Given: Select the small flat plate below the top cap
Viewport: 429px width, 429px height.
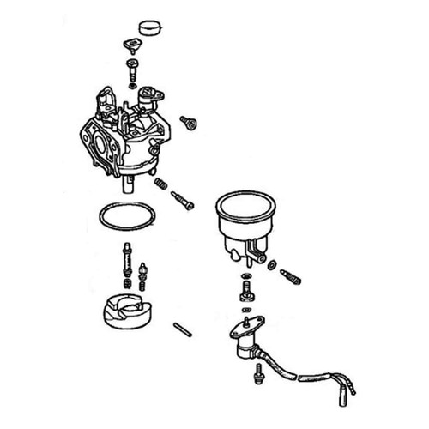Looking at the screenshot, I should coord(132,49).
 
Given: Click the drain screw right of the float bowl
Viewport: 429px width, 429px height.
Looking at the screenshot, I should coord(293,276).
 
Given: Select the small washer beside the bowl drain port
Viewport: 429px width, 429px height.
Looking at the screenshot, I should coord(272,267).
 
